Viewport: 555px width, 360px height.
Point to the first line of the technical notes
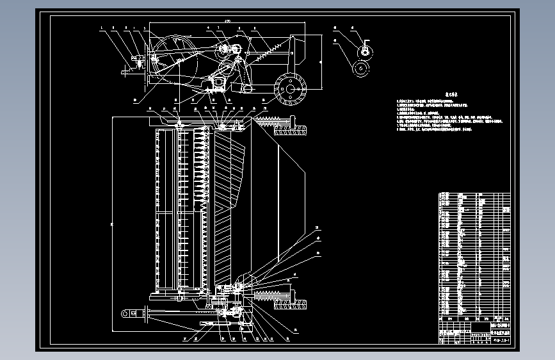(x=435, y=102)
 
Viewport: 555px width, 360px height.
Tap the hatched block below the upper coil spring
(x=291, y=131)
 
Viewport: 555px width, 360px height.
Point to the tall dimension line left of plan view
(x=112, y=224)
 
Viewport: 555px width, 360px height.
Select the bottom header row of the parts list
(x=474, y=318)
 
